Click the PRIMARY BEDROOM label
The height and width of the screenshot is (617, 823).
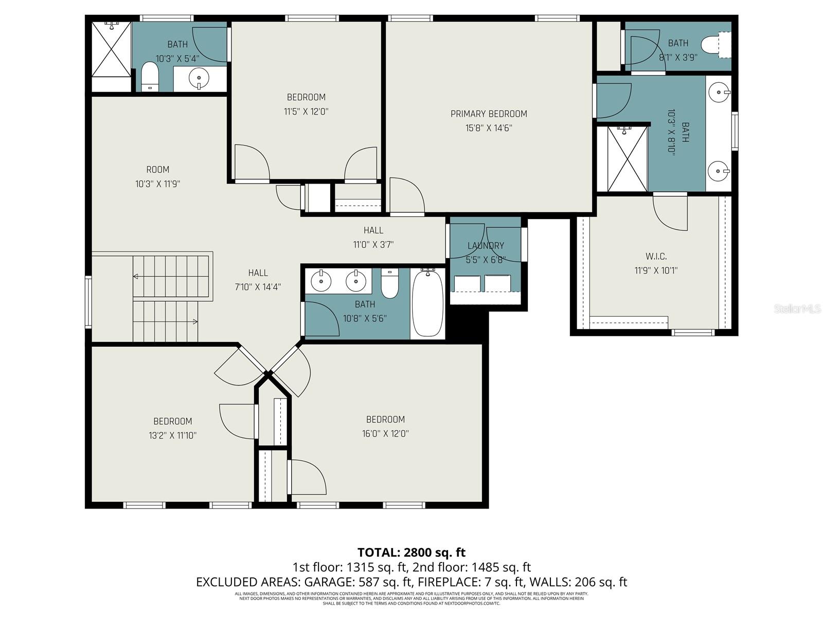(489, 114)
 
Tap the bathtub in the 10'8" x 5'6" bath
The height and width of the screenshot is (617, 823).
(427, 302)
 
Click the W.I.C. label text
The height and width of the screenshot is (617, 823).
(656, 256)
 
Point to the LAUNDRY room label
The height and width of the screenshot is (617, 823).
(486, 246)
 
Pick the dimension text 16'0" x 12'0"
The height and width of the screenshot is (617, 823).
(385, 433)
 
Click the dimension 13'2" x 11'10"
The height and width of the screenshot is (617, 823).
(173, 435)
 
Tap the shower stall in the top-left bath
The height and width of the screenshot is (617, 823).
(111, 49)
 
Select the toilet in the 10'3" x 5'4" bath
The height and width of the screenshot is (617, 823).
(150, 76)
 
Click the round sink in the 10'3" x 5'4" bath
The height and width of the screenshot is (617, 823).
(199, 79)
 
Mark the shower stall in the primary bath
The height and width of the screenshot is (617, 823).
(627, 158)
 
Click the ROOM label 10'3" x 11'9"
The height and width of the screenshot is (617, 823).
(157, 170)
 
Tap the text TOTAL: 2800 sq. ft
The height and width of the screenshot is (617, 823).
(411, 552)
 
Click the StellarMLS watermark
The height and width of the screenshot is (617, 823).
(797, 309)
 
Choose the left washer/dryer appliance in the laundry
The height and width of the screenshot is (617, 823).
(467, 283)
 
